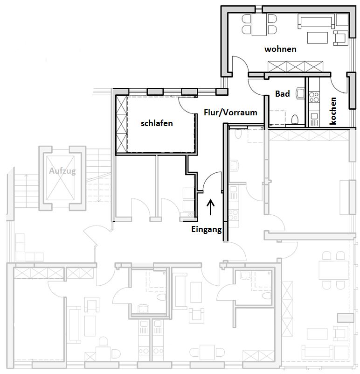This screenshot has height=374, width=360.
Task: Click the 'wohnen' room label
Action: coord(280,49)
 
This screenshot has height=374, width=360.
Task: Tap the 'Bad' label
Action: coord(283,94)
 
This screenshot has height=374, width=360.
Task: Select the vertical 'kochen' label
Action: coord(332,111)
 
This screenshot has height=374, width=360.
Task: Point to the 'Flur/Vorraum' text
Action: coord(230,113)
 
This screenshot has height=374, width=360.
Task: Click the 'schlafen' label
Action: coord(157,123)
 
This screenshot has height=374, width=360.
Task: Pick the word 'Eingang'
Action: coord(207,229)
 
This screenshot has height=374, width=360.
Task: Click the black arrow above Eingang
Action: coord(210,207)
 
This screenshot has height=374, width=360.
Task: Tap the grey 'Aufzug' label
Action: coord(62,171)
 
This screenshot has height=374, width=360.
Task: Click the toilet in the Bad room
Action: coord(295,119)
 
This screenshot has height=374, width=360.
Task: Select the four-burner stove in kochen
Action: coord(314,97)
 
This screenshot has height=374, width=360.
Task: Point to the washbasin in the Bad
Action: coord(300,93)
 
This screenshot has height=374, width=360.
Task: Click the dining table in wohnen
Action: coord(259,24)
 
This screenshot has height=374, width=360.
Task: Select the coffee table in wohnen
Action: coord(318,38)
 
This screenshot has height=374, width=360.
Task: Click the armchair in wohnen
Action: coord(340,38)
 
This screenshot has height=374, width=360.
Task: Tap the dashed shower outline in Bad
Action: coord(277,118)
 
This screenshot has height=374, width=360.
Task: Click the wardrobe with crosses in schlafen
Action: coord(121,124)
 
